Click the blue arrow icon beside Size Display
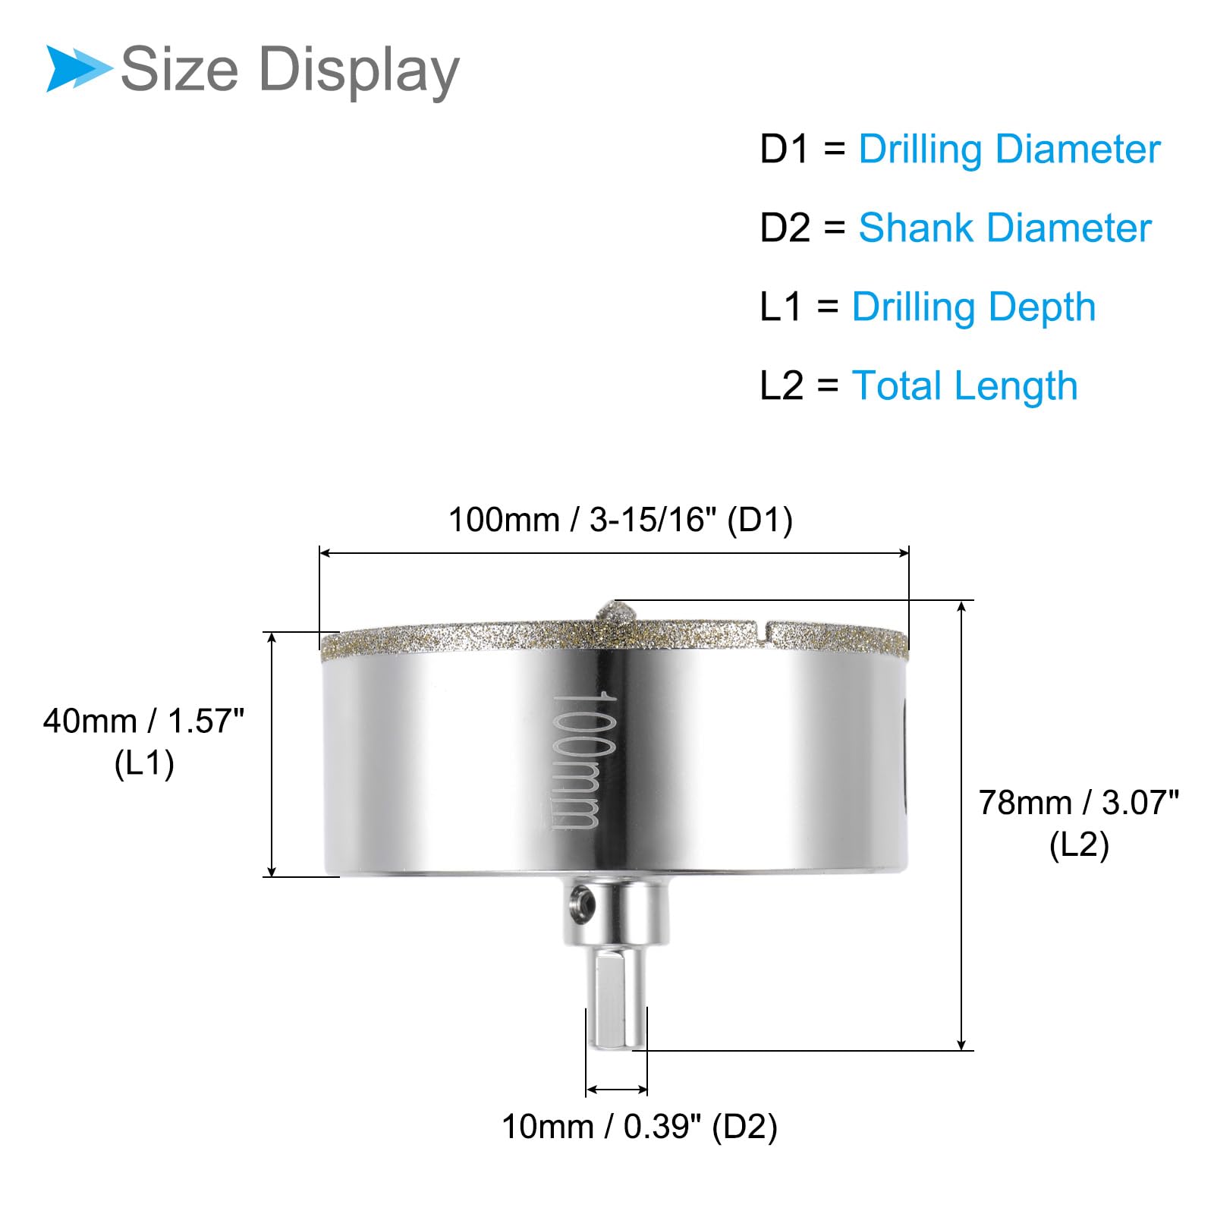[x=78, y=69]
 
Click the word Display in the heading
[x=359, y=71]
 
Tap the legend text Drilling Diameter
[x=1009, y=149]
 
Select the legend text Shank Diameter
[x=1005, y=228]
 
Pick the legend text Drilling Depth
[x=973, y=308]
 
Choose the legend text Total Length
[x=964, y=387]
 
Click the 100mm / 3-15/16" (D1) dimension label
[x=621, y=521]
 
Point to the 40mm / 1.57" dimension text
[x=143, y=721]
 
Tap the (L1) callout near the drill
[x=144, y=763]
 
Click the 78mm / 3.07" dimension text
[x=1079, y=803]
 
